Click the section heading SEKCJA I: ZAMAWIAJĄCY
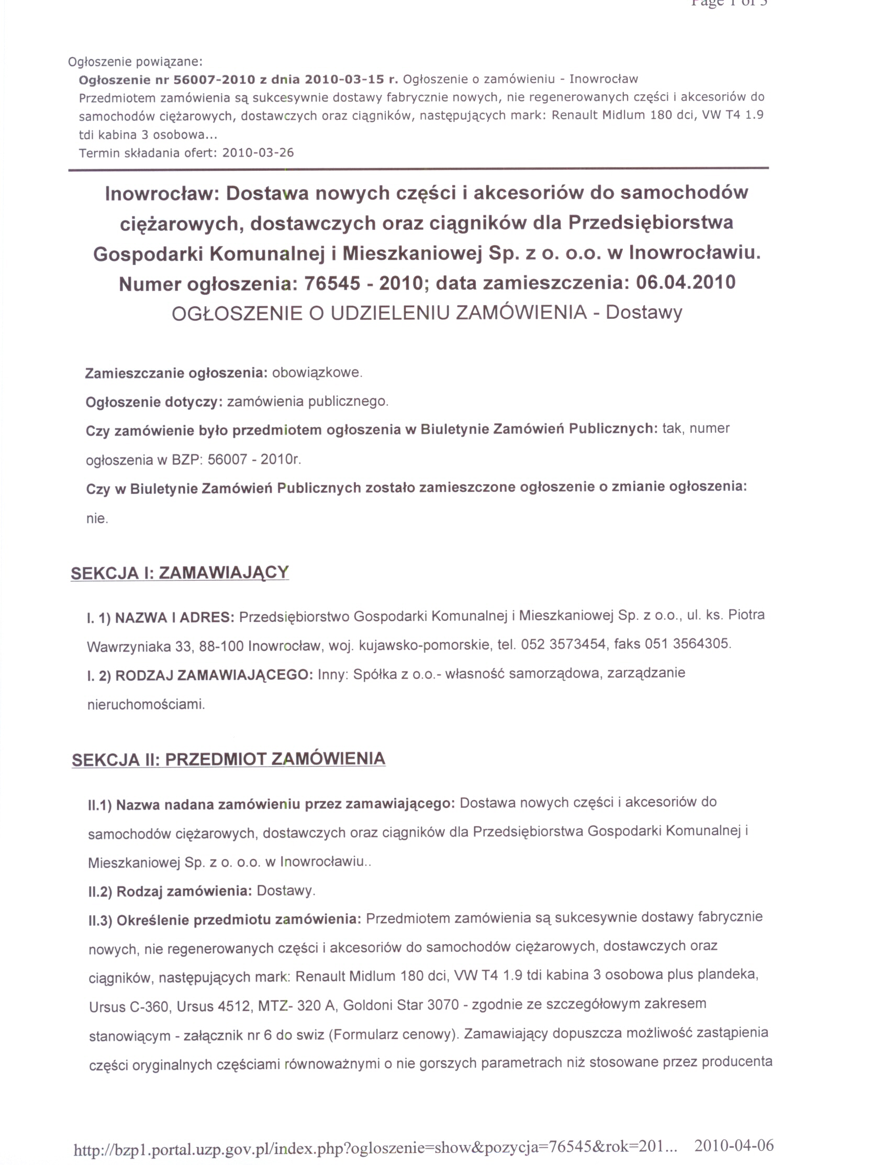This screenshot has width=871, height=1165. [180, 572]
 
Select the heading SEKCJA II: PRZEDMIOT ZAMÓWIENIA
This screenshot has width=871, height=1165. [228, 759]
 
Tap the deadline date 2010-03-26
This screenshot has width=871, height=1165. [258, 153]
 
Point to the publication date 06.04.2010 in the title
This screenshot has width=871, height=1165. [685, 283]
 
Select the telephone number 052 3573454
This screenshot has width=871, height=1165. [563, 643]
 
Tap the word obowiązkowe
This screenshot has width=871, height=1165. [317, 373]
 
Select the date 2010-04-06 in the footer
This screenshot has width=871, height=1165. [733, 1145]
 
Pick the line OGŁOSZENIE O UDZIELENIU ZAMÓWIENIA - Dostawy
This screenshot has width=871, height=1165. [427, 312]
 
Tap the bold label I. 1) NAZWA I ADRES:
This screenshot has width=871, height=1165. [161, 617]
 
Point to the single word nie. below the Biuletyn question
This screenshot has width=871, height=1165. [97, 519]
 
